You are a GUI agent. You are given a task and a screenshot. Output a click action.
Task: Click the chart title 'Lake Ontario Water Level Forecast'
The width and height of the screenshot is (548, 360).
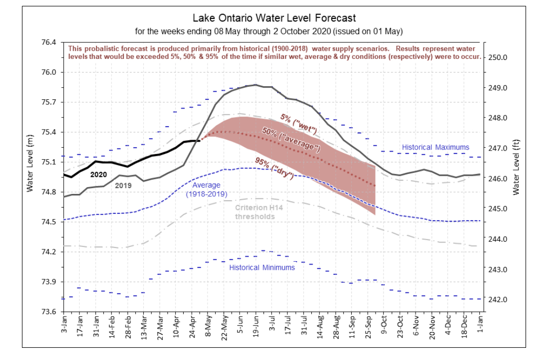[274, 18]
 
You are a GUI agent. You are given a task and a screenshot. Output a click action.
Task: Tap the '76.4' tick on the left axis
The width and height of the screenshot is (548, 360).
[49, 42]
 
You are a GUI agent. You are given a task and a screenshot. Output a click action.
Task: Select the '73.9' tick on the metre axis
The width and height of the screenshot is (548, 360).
[49, 282]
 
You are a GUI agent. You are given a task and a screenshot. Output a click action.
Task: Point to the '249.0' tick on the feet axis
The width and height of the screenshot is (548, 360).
[497, 88]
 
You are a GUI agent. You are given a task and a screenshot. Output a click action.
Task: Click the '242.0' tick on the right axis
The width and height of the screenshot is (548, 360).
[497, 300]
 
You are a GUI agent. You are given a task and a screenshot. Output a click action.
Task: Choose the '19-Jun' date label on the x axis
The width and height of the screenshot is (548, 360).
[256, 326]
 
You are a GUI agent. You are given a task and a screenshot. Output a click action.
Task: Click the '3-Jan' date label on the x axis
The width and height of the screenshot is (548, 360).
[64, 324]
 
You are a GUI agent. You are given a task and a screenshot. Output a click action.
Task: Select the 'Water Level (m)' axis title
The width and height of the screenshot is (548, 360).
[30, 163]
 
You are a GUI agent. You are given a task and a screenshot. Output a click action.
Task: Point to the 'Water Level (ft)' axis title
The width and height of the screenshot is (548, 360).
[516, 167]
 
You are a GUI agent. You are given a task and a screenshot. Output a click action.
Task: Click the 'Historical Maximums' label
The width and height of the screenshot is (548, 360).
[435, 148]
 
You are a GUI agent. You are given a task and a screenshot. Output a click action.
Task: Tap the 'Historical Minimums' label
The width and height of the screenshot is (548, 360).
[262, 268]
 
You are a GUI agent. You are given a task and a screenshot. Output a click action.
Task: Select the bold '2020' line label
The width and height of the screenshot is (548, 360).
[98, 175]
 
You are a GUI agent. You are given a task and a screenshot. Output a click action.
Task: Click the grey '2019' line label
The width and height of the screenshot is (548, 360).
[123, 186]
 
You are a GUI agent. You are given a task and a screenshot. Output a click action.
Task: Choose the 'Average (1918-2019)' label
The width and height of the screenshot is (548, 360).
[206, 189]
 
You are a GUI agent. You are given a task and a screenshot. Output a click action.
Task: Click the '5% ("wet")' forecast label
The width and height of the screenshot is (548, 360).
[299, 124]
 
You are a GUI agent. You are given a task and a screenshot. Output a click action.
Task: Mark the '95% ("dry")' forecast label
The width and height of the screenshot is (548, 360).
[274, 168]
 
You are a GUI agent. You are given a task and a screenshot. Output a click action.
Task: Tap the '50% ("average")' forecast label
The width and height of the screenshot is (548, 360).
[291, 140]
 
